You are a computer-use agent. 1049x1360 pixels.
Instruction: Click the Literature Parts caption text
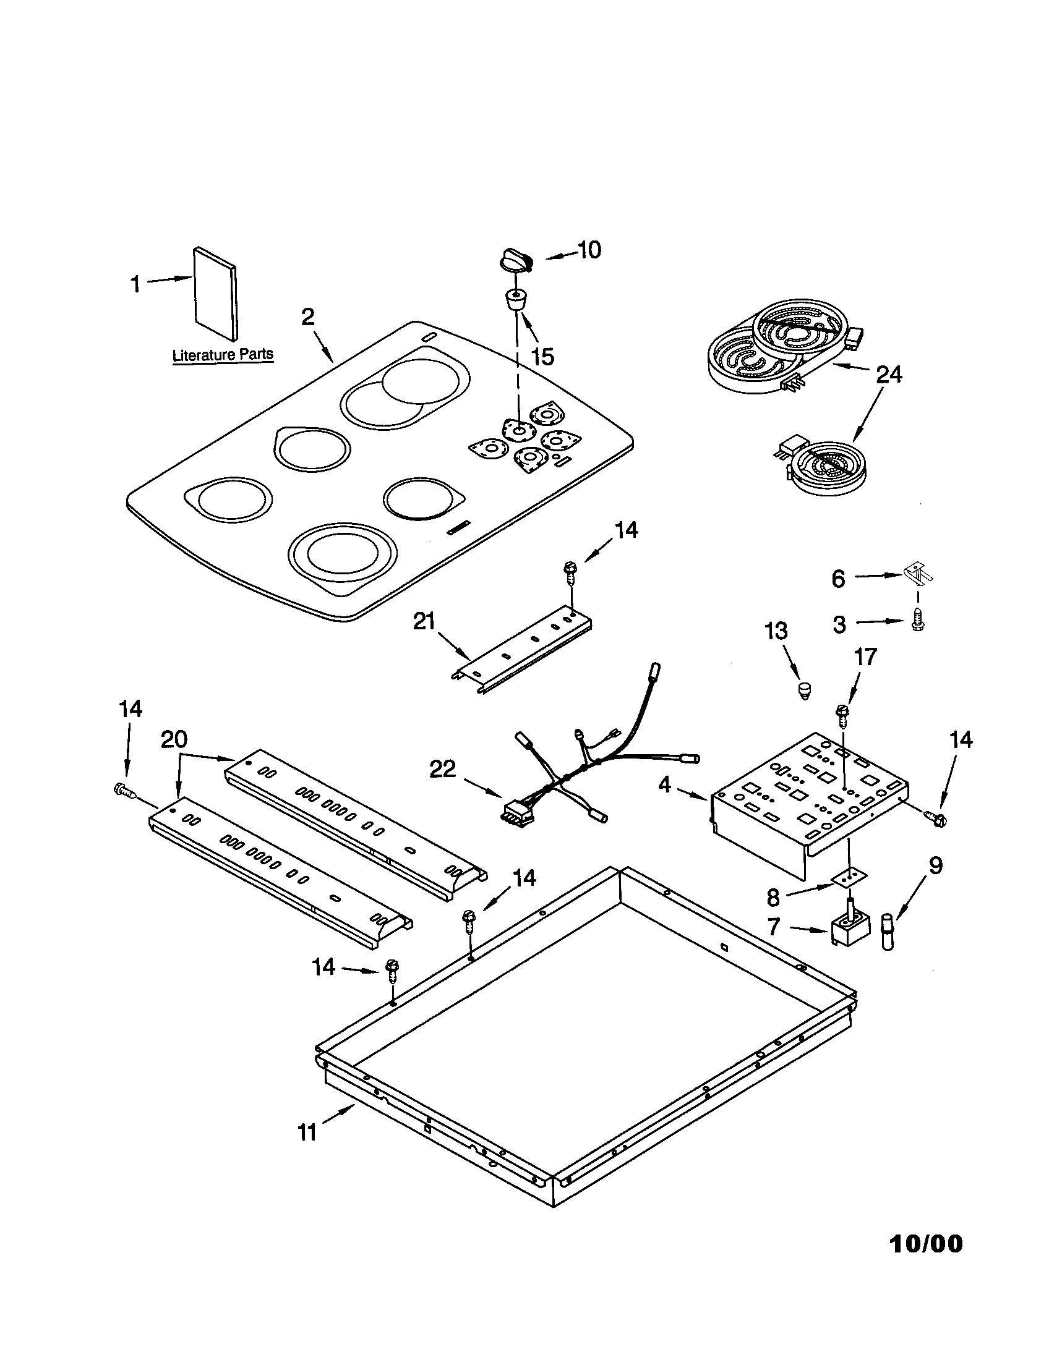coord(223,355)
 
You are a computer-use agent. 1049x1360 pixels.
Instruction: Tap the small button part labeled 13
coord(805,689)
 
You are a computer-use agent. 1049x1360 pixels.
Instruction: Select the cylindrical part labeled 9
coord(886,930)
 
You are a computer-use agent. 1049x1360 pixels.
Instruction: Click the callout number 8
coord(773,898)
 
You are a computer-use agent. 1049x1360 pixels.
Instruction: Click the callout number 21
coord(425,621)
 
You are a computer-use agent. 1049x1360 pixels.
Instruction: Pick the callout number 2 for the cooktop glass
coord(308,317)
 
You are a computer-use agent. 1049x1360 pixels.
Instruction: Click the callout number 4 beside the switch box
coord(665,784)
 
